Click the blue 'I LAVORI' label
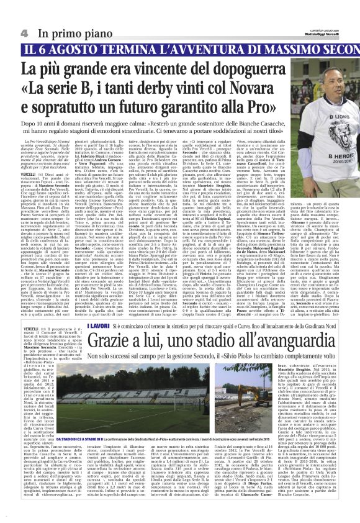[99, 325]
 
